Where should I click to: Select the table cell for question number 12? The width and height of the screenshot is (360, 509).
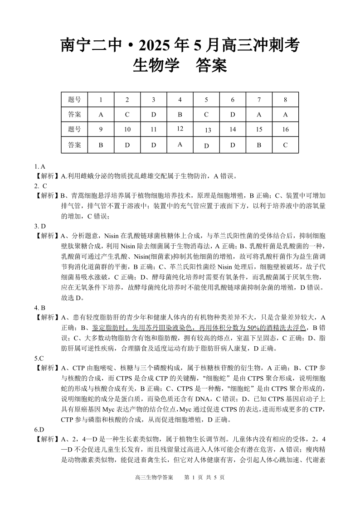coord(180,129)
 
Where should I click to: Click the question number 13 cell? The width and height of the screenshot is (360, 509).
coord(207,130)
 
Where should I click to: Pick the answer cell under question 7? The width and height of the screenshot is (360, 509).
coord(259,114)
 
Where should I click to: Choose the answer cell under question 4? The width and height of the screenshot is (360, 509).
coord(180,114)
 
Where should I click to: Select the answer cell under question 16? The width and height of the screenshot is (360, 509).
coord(285,145)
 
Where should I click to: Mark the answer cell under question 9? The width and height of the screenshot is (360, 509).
coord(101,145)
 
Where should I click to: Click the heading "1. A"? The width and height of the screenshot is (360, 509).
coord(39,166)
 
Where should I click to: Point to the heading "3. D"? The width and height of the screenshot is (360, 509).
coord(40,226)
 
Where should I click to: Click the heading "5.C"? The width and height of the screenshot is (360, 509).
coord(39,358)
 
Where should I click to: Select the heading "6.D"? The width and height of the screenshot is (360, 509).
coord(39,429)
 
